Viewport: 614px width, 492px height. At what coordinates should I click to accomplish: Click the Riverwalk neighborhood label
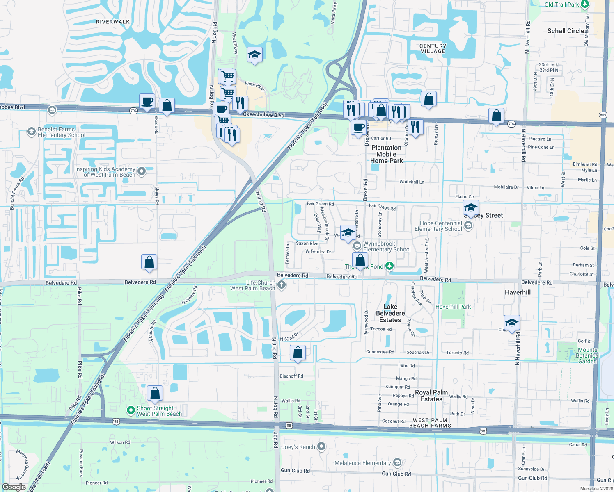point(113,22)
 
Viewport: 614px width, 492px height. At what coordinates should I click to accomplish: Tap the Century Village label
point(433,49)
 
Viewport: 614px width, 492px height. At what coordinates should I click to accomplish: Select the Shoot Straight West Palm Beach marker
point(131,410)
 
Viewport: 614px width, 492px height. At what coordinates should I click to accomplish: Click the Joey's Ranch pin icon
point(322,446)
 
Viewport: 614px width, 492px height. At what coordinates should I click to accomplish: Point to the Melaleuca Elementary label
point(362,463)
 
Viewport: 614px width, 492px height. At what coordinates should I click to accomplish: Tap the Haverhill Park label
point(453,307)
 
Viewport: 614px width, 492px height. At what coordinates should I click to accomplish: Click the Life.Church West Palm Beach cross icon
point(282,285)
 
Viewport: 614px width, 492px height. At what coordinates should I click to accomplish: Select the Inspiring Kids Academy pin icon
point(142,171)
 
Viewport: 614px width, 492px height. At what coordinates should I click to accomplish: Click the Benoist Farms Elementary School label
point(62,132)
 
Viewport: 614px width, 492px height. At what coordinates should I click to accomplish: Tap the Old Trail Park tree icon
point(585,5)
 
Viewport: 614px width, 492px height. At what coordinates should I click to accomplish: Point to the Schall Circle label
point(566,31)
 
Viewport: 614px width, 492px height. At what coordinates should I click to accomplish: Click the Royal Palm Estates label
point(431,396)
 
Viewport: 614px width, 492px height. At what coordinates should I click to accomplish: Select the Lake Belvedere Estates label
point(390,313)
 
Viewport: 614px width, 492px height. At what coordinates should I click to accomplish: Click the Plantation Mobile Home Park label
point(387,154)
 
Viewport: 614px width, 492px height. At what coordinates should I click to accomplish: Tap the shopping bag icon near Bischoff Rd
point(298,353)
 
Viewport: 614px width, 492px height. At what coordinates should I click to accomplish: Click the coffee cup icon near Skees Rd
point(147,101)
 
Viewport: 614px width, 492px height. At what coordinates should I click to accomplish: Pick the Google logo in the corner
point(14,487)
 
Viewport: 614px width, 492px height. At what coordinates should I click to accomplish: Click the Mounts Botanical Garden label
point(587,355)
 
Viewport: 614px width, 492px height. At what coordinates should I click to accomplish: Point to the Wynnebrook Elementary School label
point(387,246)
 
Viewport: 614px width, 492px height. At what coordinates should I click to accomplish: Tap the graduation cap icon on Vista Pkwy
point(254,55)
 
